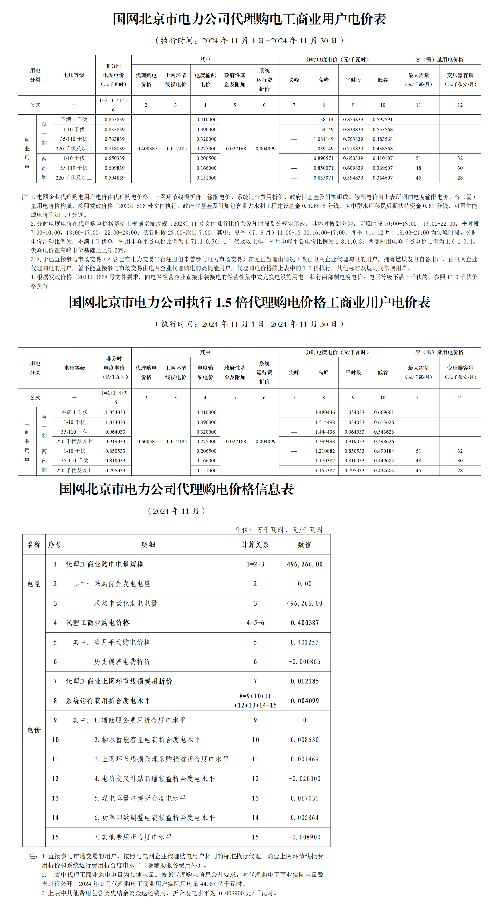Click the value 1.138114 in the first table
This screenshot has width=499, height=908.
coord(323,119)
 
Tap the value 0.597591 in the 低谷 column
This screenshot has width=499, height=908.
coord(383,119)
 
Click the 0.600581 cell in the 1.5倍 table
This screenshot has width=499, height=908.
coord(147,441)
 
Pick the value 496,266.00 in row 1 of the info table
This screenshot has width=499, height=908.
coord(305,564)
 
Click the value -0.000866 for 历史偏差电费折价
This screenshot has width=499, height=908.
coord(305,662)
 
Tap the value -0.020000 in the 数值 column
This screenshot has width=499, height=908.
coord(305,779)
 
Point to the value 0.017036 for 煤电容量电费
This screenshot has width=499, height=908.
coord(305,798)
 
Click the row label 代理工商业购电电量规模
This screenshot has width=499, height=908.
coord(105,564)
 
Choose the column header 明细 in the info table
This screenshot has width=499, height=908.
coord(148,545)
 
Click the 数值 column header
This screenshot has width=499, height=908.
coord(305,545)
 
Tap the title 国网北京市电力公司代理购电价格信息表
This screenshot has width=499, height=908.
coord(176,489)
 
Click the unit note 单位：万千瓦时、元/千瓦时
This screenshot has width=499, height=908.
coord(279,530)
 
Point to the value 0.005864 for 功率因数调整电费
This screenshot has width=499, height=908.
coord(305,818)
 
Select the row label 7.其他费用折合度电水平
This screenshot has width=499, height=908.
coord(133,837)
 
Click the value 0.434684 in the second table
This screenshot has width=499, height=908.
coord(384,471)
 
